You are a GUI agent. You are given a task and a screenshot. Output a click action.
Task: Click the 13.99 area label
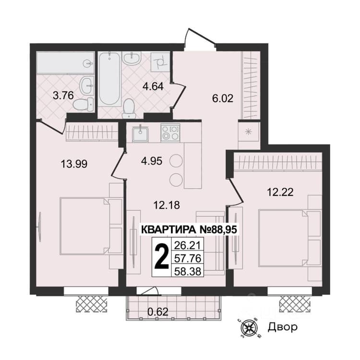tap(74, 164)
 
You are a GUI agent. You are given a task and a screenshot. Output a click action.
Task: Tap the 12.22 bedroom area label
tap(280, 192)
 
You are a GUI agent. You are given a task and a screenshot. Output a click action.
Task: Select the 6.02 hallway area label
tap(223, 98)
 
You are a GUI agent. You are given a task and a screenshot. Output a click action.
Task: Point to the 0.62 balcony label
tap(158, 312)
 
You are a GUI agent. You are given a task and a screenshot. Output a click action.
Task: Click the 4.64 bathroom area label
tap(153, 86)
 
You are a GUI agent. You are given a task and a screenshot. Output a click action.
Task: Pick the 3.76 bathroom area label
tap(63, 96)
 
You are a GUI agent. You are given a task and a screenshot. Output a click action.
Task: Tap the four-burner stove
tap(170, 132)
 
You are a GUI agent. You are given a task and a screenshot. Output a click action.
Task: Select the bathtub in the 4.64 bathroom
tap(109, 79)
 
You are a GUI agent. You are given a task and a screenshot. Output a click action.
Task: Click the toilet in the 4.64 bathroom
tap(129, 108)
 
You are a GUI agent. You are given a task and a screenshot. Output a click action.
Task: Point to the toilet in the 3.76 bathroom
tap(84, 105)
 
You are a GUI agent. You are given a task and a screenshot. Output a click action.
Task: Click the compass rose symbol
tap(249, 327)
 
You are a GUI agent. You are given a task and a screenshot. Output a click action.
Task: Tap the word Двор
tap(282, 327)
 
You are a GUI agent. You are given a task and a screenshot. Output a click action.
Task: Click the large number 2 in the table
tap(161, 257)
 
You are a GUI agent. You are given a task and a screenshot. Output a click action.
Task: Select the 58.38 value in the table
tap(188, 271)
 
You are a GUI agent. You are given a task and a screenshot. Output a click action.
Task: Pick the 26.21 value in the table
tap(188, 245)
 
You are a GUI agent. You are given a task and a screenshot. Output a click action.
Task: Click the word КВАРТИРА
tap(168, 229)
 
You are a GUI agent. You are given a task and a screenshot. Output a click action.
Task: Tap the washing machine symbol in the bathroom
tap(160, 62)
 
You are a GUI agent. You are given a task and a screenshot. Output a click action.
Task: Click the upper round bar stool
tap(176, 161)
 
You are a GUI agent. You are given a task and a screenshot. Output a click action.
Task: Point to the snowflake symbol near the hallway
tap(249, 132)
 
